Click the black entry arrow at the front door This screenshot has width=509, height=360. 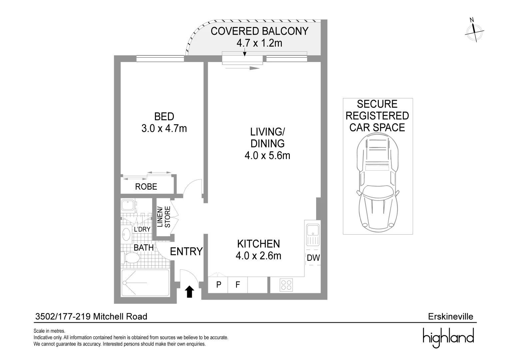(x=190, y=292)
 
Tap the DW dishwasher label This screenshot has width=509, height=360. (x=313, y=258)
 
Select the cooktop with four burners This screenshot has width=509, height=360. (x=286, y=285)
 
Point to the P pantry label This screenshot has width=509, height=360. (x=219, y=285)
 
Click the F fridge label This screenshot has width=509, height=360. (x=238, y=285)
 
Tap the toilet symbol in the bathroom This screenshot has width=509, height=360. (x=132, y=258)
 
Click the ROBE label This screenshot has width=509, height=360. (x=146, y=187)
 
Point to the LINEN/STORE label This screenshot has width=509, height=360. (x=164, y=217)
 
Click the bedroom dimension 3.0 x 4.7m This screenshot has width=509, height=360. (x=164, y=128)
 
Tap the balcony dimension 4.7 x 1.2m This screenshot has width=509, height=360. (x=259, y=43)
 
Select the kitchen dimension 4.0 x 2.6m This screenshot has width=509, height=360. (x=258, y=256)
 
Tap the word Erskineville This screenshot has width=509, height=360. (x=450, y=316)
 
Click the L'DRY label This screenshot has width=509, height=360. (x=142, y=229)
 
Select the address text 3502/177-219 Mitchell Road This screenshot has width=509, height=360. (x=91, y=316)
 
